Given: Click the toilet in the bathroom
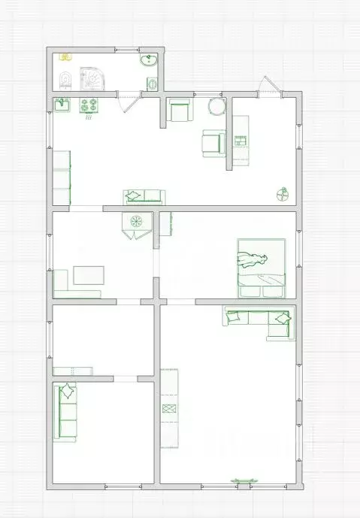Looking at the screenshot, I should coord(65,78).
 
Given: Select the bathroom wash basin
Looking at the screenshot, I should coord(148,61).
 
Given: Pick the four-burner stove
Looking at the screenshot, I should coord(89,106).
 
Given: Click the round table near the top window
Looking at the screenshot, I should coord(217,106).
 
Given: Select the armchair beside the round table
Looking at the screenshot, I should coord(179,111).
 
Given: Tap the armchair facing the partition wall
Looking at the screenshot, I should coord(213,142).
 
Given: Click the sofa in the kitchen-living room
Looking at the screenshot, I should coord(143,197).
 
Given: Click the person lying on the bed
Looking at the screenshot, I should coord(254,260).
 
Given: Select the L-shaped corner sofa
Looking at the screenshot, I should coord(259,319).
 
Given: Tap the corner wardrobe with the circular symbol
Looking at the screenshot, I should coord(137,223).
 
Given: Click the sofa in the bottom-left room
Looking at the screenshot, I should coord(66,410).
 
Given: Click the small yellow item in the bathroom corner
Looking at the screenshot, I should coord(65,56).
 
